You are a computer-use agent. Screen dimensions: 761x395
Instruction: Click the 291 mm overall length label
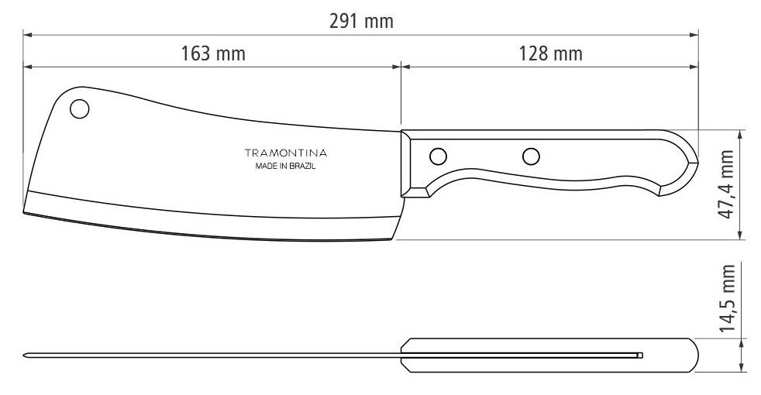pyautogui.click(x=361, y=22)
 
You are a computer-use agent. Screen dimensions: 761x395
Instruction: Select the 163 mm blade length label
pyautogui.click(x=213, y=53)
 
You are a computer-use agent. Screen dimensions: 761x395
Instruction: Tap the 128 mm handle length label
pyautogui.click(x=550, y=53)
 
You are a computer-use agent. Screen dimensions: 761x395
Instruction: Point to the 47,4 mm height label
pyautogui.click(x=727, y=184)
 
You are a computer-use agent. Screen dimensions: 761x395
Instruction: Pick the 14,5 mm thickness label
pyautogui.click(x=727, y=298)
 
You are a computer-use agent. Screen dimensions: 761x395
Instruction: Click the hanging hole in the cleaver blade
pyautogui.click(x=80, y=108)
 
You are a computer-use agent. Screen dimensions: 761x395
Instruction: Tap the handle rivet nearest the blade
pyautogui.click(x=439, y=156)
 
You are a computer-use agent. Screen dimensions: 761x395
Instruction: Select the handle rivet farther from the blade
pyautogui.click(x=531, y=156)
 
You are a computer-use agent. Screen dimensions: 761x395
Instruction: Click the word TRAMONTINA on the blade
pyautogui.click(x=285, y=153)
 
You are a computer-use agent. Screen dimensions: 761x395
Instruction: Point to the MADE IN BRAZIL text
pyautogui.click(x=285, y=166)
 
